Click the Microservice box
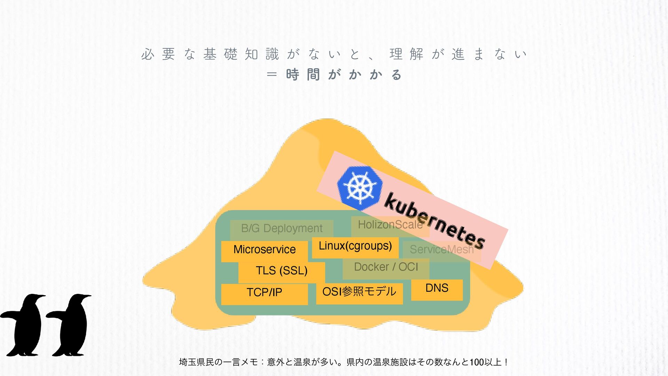pos(264,250)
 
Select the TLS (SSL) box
pos(281,271)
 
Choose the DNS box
pos(437,289)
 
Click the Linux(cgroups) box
pos(355,246)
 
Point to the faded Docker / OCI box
pos(386,267)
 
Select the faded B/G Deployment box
pos(281,228)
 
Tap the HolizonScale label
pos(390,225)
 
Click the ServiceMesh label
pos(442,250)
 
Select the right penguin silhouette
pos(71,326)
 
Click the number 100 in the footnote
pos(477,362)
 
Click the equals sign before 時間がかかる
pos(271,75)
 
